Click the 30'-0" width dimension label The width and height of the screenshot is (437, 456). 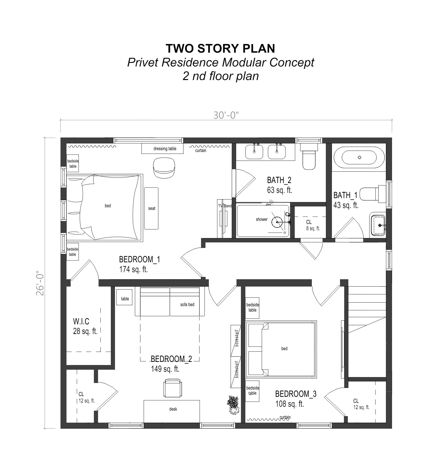(x=226, y=115)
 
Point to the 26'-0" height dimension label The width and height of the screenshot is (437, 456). (x=40, y=283)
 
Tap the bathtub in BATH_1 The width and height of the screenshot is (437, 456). (x=359, y=157)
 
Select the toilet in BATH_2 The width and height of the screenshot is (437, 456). (x=309, y=158)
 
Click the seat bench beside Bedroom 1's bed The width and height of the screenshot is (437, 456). (x=151, y=208)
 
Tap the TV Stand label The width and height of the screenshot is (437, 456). (x=225, y=206)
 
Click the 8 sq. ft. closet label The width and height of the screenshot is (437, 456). (x=313, y=228)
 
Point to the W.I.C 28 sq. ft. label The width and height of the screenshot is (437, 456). (x=85, y=326)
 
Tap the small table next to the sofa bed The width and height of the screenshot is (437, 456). (x=124, y=299)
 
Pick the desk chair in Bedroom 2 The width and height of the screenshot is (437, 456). (x=172, y=388)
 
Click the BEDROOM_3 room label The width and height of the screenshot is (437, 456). (x=295, y=394)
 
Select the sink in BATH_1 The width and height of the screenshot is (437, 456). (x=378, y=225)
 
